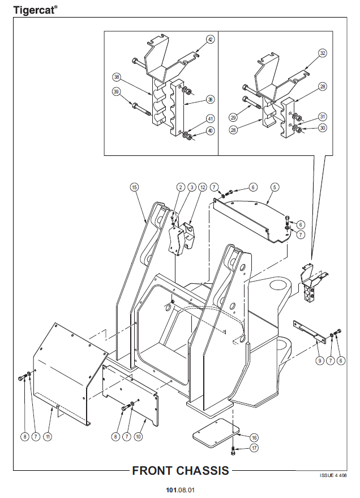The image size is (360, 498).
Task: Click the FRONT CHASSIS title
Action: [181, 470]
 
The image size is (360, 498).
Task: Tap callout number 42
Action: [210, 40]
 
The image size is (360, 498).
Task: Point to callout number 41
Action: [210, 119]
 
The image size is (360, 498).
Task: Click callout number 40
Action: [210, 130]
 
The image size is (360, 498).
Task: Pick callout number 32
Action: [322, 53]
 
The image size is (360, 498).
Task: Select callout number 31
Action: [323, 117]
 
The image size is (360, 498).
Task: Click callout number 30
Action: [323, 128]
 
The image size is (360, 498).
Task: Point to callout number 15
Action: [134, 187]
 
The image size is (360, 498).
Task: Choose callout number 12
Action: [203, 187]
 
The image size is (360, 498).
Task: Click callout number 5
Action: [274, 187]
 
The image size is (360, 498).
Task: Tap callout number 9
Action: [319, 360]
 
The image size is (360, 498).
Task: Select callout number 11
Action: [48, 437]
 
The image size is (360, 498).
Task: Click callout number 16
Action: [254, 437]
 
